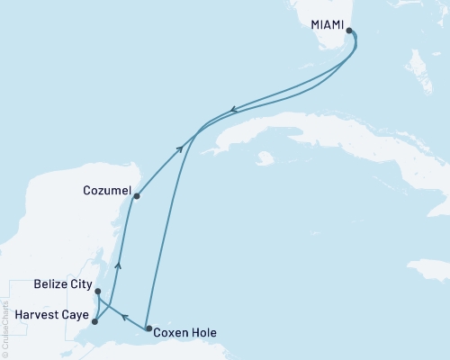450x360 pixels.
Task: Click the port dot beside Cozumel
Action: click(x=135, y=195)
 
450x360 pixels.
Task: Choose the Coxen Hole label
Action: click(x=184, y=332)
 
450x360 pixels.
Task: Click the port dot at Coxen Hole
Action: click(x=148, y=329)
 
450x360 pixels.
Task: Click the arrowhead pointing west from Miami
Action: click(x=233, y=111)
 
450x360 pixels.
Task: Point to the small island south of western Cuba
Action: click(x=264, y=159)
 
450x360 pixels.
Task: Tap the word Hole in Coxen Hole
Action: click(x=203, y=332)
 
